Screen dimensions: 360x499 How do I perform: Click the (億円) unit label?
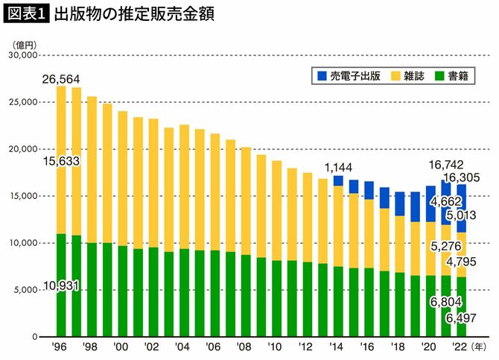pyautogui.click(x=22, y=43)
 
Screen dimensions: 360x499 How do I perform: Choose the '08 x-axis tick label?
pyautogui.click(x=245, y=347)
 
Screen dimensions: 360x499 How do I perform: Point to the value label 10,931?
pyautogui.click(x=61, y=286)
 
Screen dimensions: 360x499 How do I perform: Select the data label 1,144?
pyautogui.click(x=338, y=166)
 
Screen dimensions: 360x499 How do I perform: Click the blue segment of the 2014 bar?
pyautogui.click(x=338, y=181)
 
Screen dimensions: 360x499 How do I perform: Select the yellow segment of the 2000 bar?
pyautogui.click(x=123, y=179)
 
